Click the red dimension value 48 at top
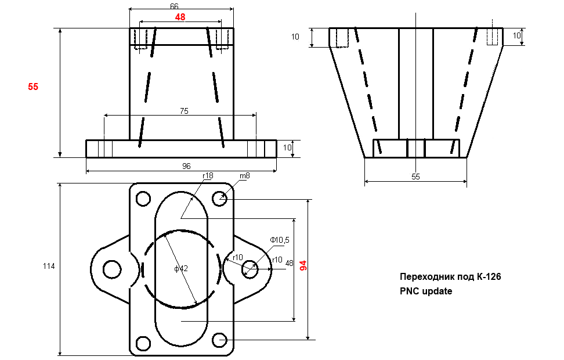(180, 17)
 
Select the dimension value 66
(174, 6)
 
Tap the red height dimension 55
(33, 87)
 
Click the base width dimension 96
(186, 166)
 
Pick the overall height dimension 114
(49, 267)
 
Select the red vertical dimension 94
(302, 265)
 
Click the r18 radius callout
(208, 176)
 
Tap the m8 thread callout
(245, 176)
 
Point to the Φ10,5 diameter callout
(280, 240)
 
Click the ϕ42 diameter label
(181, 269)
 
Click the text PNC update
(426, 291)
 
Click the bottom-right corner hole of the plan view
(219, 340)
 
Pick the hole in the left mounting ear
(110, 269)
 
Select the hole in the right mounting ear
(251, 269)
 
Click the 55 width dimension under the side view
(415, 177)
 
